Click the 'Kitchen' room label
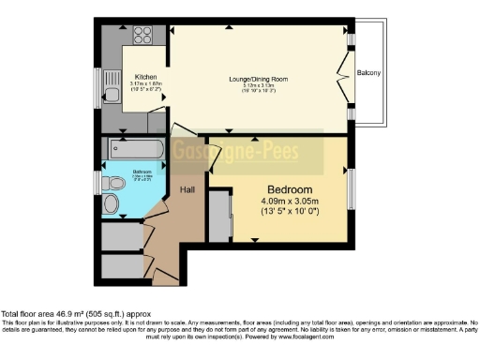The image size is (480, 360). click(146, 77)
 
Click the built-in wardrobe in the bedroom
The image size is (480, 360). click(221, 215)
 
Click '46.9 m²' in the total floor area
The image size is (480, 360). click(69, 313)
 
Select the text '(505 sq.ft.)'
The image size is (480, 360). click(111, 313)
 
